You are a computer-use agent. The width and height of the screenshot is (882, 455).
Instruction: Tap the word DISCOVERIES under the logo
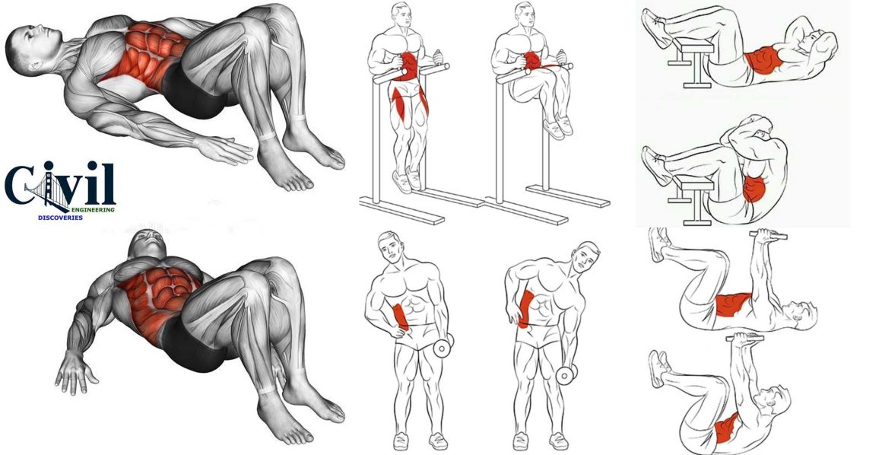point(62,217)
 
